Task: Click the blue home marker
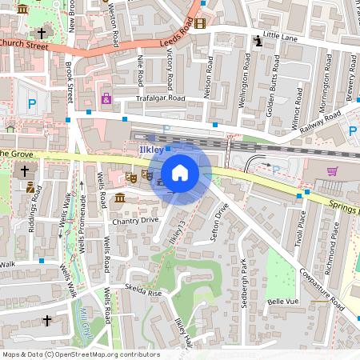coord(180,172)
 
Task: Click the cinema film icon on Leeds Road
coord(199,23)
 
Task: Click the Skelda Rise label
coord(143,293)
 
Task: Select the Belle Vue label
coord(282,302)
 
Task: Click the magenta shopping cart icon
coord(332,170)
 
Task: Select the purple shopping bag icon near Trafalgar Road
coord(106,98)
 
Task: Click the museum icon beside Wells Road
coord(119,198)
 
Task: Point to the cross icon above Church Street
coord(41,33)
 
